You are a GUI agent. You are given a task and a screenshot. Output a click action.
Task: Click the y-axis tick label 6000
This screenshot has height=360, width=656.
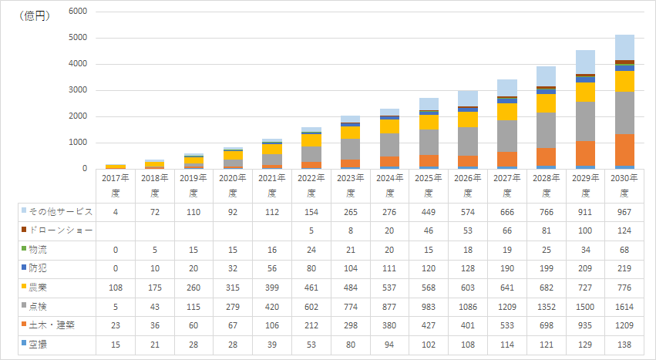pyautogui.click(x=78, y=12)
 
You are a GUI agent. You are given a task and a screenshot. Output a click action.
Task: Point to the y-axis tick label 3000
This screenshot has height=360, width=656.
pyautogui.click(x=78, y=90)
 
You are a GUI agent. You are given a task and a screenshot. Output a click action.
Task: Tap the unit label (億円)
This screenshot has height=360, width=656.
pyautogui.click(x=35, y=15)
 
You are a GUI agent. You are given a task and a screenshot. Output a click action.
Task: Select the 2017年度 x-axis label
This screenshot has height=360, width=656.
pyautogui.click(x=115, y=185)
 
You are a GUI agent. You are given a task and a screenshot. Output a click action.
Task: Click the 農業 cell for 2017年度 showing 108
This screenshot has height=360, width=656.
pyautogui.click(x=115, y=288)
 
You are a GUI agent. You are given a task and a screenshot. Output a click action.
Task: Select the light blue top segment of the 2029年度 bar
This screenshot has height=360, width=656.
pyautogui.click(x=585, y=62)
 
